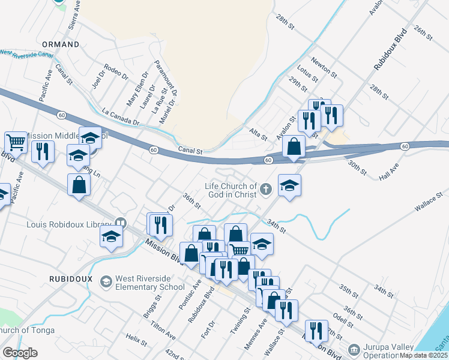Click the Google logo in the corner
(20, 353)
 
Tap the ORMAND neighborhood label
(61, 44)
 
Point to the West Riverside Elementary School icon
(106, 281)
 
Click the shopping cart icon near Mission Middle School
(16, 142)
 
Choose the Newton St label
(324, 67)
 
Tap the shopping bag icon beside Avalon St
(294, 147)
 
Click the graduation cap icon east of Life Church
(289, 185)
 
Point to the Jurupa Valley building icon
(354, 349)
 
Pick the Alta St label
(258, 134)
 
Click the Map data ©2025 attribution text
(423, 355)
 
